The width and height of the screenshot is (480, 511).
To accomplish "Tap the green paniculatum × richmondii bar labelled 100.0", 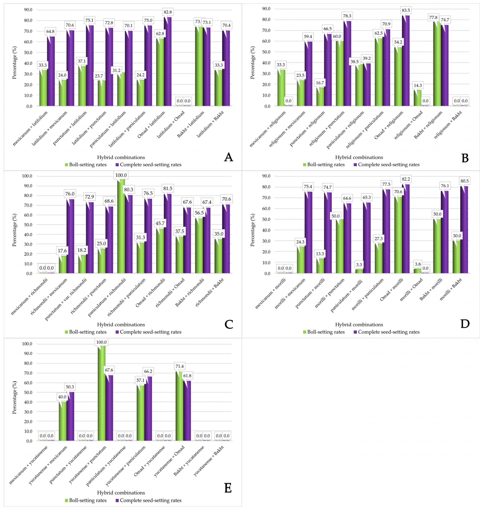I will [x=121, y=226].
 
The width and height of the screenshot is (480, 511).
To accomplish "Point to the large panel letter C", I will [x=229, y=324].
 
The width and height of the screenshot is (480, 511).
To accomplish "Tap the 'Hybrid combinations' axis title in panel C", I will [x=121, y=325].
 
